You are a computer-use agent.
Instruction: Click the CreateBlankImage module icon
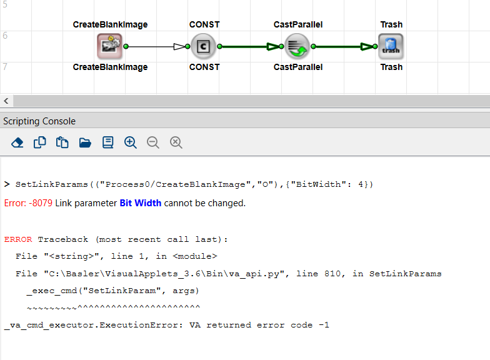click(110, 46)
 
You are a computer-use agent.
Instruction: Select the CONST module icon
click(204, 46)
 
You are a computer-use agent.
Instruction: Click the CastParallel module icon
click(297, 46)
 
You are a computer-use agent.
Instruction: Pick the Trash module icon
click(391, 46)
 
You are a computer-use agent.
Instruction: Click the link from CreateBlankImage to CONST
click(153, 46)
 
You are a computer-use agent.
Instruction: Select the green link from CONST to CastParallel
click(247, 46)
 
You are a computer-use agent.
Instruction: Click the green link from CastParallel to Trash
click(341, 46)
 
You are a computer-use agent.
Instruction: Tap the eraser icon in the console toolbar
click(17, 142)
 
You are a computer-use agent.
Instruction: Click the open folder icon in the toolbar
click(85, 142)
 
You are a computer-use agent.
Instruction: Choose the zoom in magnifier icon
click(130, 142)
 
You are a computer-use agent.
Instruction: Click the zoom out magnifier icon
click(152, 142)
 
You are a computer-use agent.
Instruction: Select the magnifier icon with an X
click(176, 142)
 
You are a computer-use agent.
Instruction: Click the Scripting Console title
click(39, 121)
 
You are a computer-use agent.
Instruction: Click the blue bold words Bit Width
click(140, 203)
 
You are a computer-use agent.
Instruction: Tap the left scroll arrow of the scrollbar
click(6, 101)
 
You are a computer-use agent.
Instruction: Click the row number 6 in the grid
click(5, 36)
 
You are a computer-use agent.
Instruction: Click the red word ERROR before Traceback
click(19, 239)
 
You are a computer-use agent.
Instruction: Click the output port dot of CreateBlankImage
click(126, 46)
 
